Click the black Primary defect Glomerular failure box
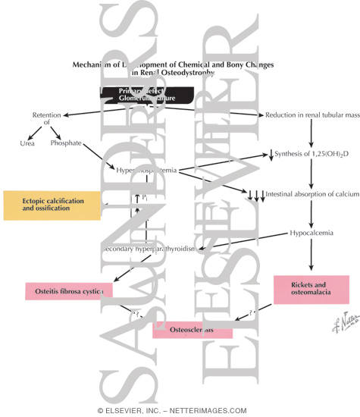146,95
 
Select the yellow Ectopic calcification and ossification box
52,205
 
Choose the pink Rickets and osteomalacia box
311,290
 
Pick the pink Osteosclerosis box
191,330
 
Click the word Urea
26,142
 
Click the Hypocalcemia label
311,233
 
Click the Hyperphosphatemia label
147,171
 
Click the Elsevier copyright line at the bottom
180,409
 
